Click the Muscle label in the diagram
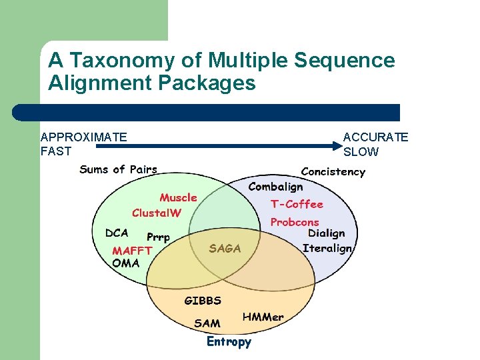coord(178,197)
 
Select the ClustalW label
coord(157,213)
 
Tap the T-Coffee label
coord(297,204)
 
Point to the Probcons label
coord(295,222)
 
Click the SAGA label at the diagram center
coord(225,249)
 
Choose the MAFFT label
coord(132,251)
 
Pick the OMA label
coord(126,263)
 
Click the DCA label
coord(117,233)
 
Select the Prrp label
coord(158,237)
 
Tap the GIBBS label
coord(203,301)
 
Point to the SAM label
coord(207,323)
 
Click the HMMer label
coord(263,317)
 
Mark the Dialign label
coord(327,233)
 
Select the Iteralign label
coord(327,248)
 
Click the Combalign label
coord(275,187)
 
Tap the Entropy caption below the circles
coord(229,342)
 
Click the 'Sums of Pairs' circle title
coord(119,169)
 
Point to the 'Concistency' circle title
coord(333,172)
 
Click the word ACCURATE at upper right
coord(375,137)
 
